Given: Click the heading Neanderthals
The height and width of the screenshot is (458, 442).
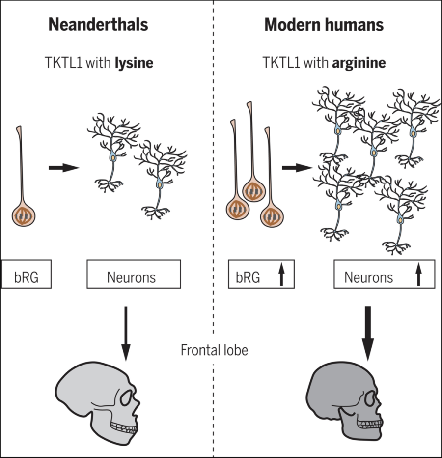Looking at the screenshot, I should tap(98, 25).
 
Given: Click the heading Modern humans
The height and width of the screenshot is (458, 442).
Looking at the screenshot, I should tap(324, 25).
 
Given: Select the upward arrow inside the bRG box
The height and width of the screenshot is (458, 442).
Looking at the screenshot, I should tap(281, 275).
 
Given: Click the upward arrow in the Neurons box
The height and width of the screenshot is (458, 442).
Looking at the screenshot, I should tap(418, 275).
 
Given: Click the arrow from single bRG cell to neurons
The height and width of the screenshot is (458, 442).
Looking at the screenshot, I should tap(64, 168).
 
